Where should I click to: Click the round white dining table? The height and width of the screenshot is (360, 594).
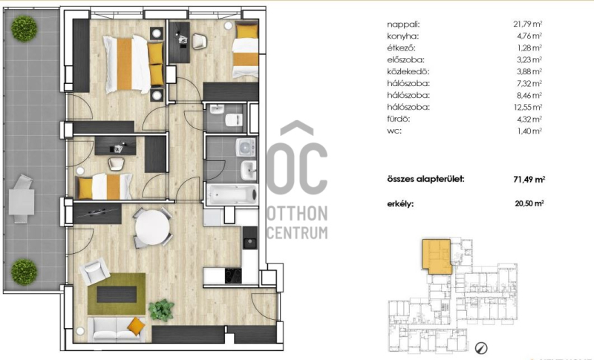[x=152, y=228]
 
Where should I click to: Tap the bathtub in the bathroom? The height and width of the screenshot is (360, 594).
[x=232, y=194]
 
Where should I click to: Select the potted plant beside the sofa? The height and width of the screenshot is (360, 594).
[x=161, y=310]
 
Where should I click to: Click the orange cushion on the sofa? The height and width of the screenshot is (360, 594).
[x=136, y=326]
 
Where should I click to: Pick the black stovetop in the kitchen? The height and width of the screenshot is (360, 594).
[x=233, y=275]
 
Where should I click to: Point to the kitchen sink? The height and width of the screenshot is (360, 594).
[x=250, y=242]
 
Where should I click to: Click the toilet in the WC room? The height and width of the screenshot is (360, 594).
[x=234, y=120]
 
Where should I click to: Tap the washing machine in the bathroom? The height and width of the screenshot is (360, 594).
[x=246, y=146]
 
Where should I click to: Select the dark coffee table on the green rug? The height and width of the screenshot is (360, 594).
[x=117, y=294]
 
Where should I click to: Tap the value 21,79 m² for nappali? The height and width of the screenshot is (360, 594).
[x=528, y=24]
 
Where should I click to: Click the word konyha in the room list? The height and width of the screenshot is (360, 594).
[x=402, y=36]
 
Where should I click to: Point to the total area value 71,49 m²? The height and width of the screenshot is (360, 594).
[x=529, y=180]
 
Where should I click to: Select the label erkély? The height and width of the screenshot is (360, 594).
[x=400, y=204]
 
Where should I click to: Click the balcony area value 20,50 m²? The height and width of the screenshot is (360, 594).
[x=529, y=203]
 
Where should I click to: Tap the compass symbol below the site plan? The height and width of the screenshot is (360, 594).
[x=481, y=347]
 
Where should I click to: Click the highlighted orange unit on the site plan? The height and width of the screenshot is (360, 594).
[x=437, y=256]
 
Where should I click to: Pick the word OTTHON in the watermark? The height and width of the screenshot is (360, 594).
[x=298, y=214]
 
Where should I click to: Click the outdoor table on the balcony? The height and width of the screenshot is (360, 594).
[x=22, y=201]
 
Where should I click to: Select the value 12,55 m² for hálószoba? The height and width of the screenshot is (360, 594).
[x=528, y=107]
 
